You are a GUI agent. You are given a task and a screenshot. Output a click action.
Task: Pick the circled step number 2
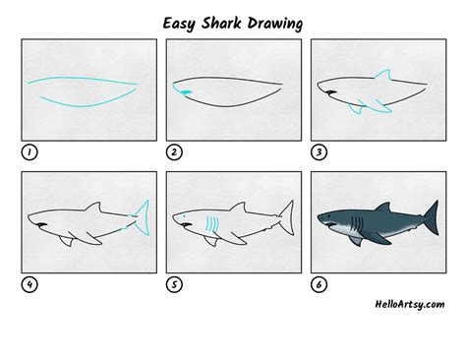[173, 152]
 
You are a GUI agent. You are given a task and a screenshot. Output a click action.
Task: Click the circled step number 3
[318, 152]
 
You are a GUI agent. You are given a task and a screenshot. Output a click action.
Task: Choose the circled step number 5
[173, 286]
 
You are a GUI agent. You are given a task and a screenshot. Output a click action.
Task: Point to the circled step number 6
[318, 286]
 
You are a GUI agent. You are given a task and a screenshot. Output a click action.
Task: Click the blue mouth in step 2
[182, 91]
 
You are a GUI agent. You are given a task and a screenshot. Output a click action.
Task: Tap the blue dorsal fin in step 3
[382, 76]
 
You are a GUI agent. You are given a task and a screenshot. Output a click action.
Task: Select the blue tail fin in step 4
[144, 217]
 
